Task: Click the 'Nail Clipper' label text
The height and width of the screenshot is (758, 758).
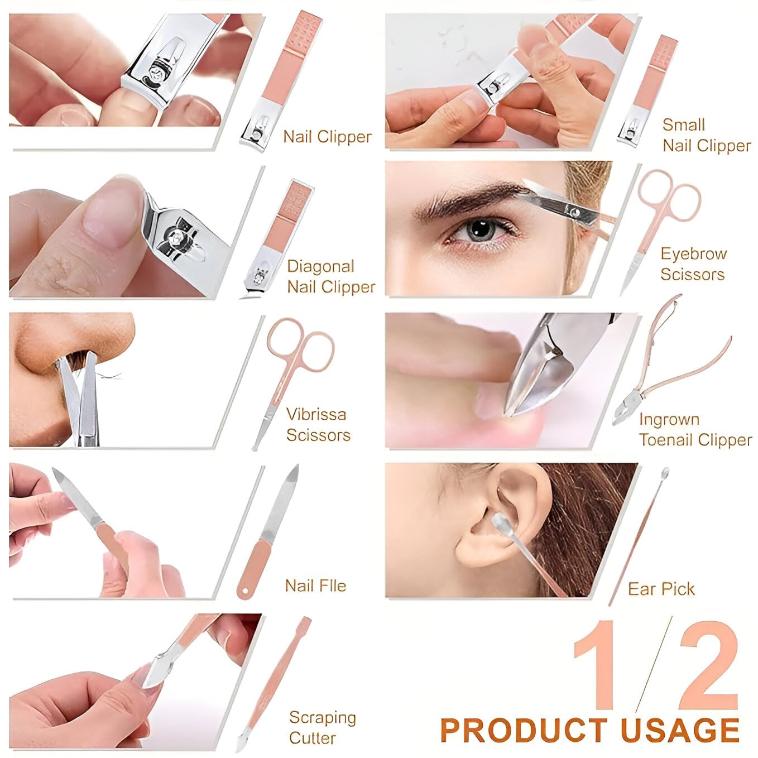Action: tap(327, 137)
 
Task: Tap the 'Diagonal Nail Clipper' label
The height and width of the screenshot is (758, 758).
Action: tap(330, 277)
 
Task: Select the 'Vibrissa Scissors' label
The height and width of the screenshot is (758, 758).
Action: tap(318, 425)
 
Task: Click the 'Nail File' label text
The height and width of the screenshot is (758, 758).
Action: tap(315, 586)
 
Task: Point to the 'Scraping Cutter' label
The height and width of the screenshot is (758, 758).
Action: tap(322, 727)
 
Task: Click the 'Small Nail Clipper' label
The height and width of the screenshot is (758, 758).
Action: tap(706, 135)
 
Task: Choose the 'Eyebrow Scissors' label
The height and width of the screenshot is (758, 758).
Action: tap(693, 264)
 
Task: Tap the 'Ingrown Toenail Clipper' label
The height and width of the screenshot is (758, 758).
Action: tap(695, 430)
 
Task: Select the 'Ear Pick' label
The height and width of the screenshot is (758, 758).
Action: tap(661, 589)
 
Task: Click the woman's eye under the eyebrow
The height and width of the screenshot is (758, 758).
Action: tap(478, 230)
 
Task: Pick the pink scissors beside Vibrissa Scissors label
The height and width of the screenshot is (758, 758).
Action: tap(290, 368)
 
